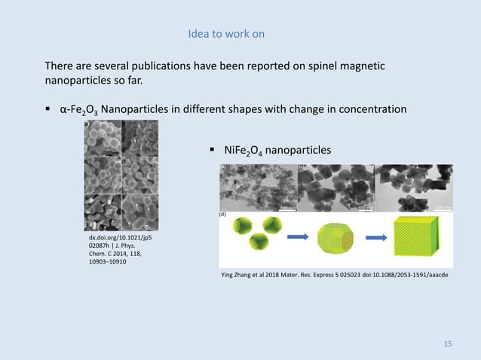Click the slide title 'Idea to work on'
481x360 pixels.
click(226, 35)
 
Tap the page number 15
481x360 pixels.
click(448, 344)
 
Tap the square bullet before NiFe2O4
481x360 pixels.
click(213, 150)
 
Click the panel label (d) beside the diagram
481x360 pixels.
click(224, 215)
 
